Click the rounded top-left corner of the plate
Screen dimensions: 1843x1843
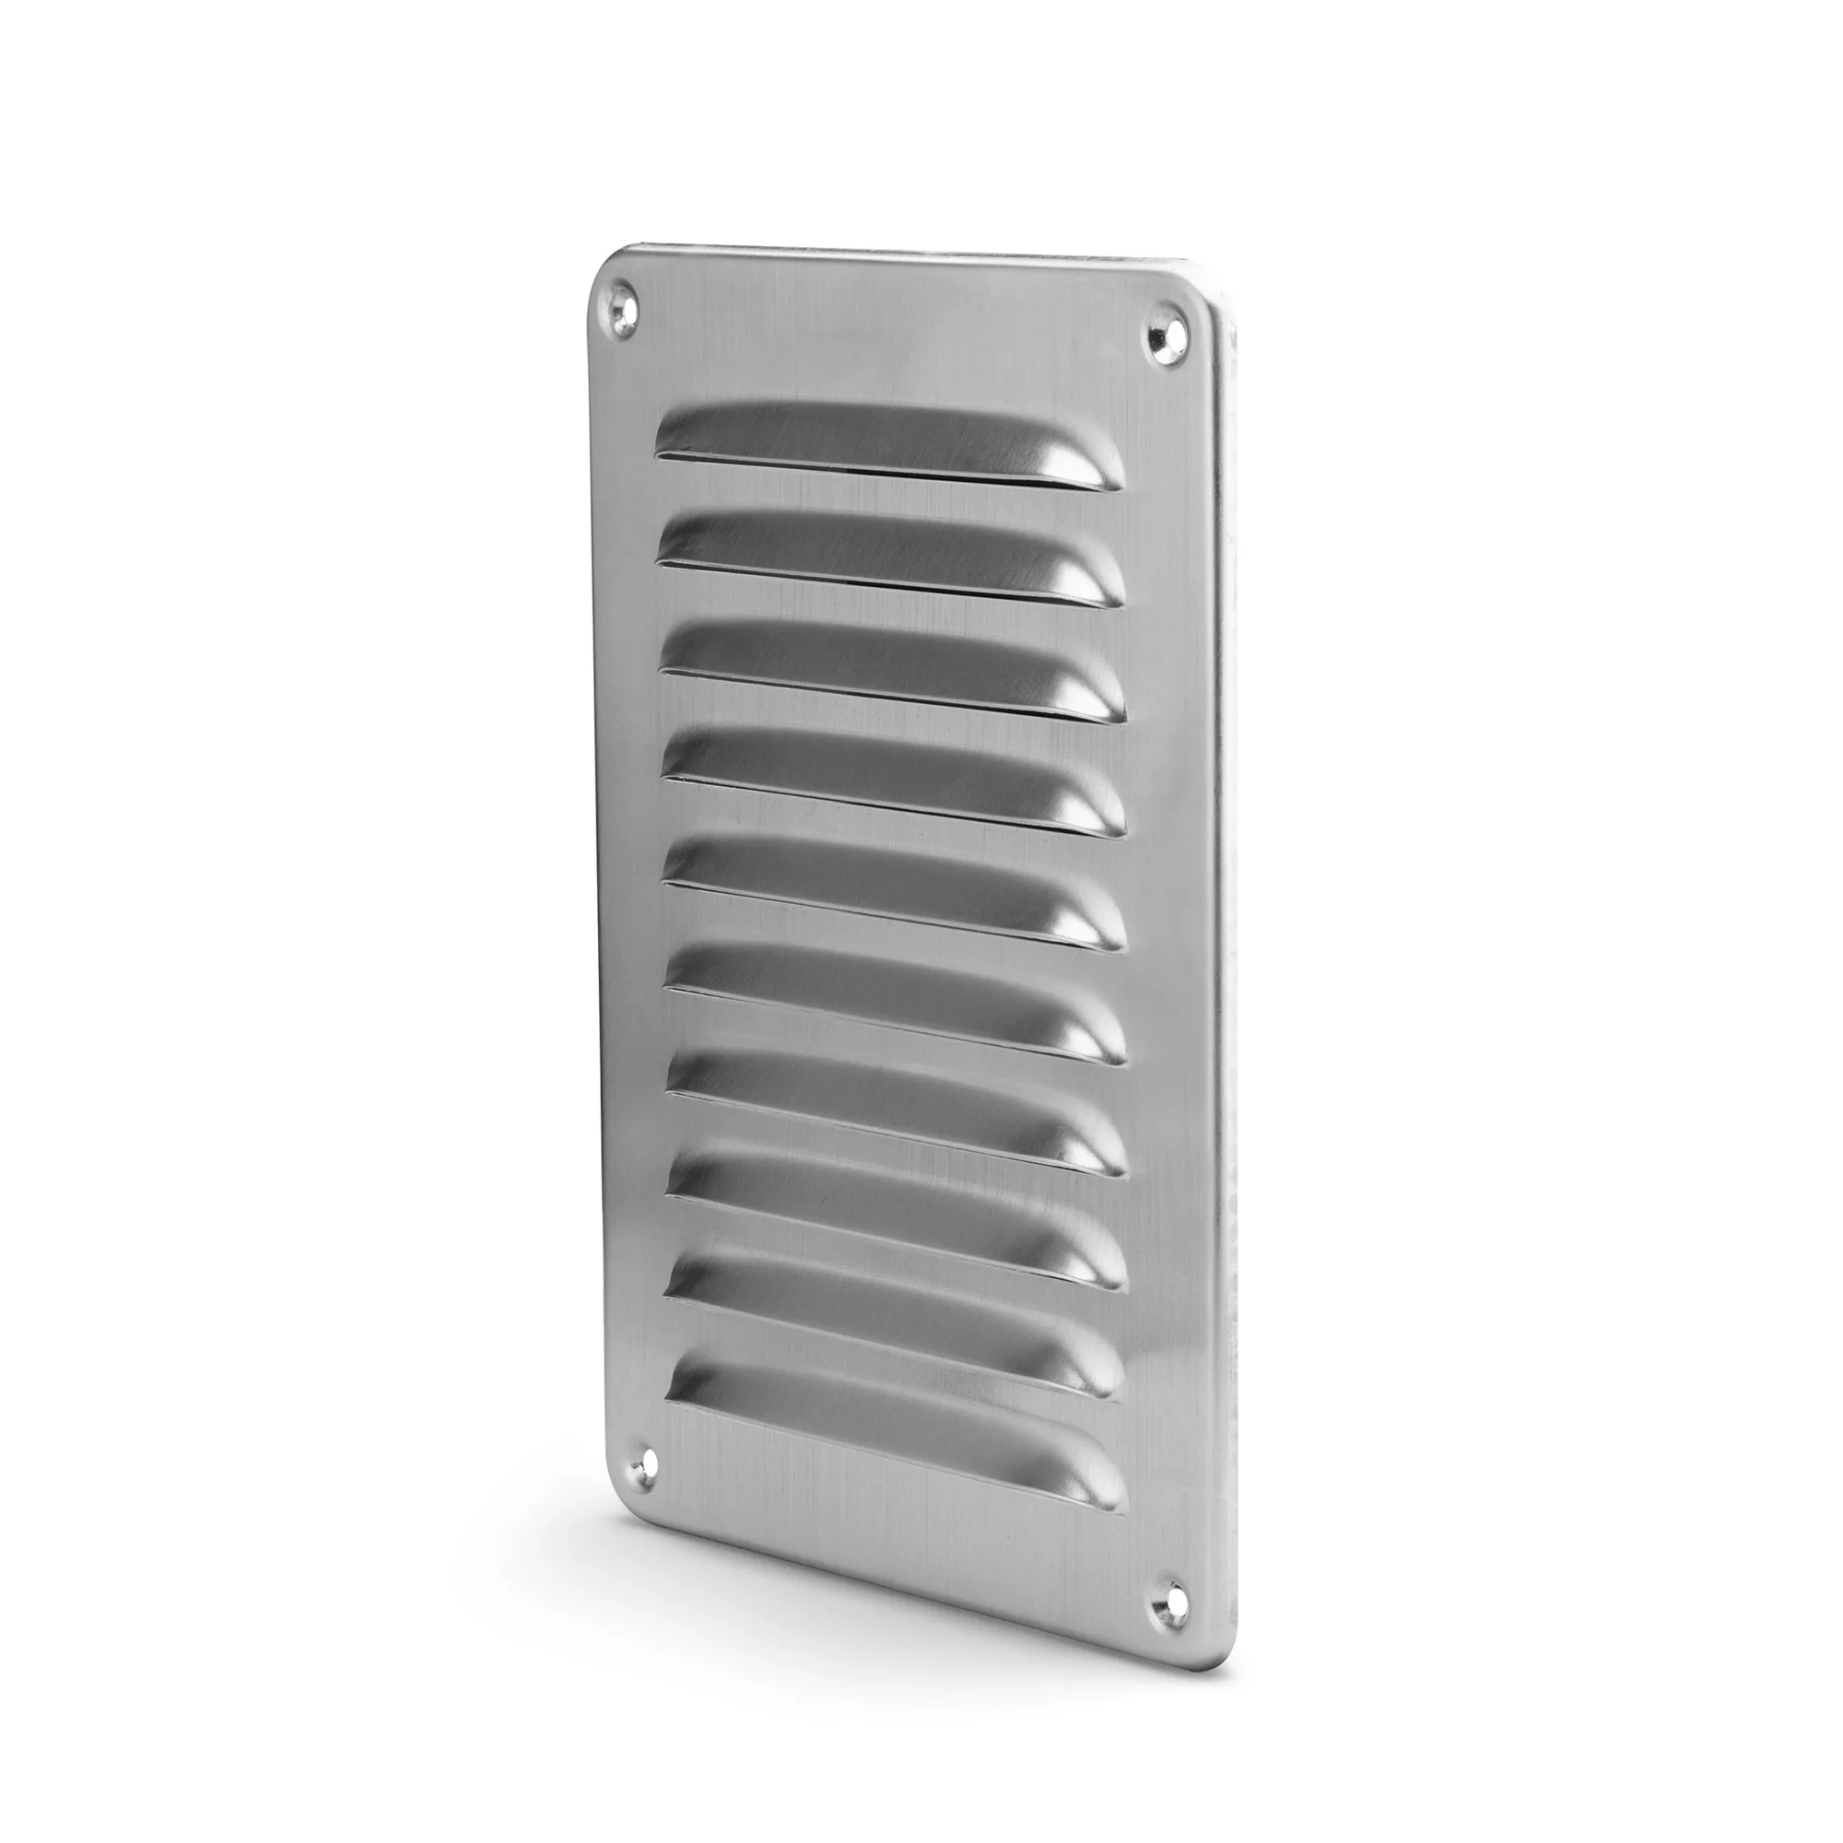tap(605, 267)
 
